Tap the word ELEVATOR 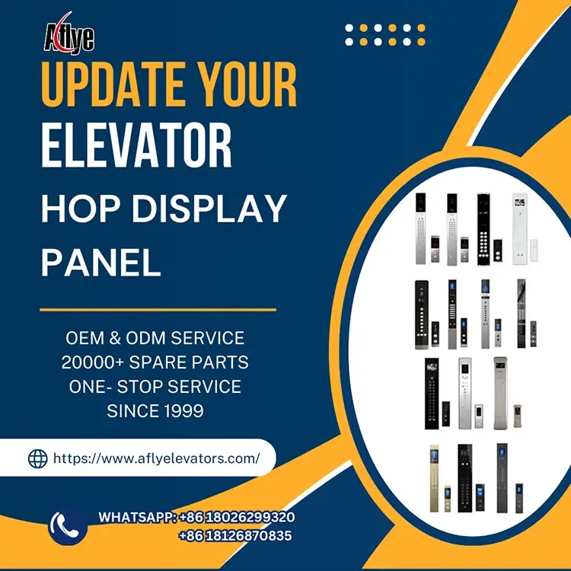136,147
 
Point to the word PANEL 100,263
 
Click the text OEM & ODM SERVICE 155,337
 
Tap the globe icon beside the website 37,458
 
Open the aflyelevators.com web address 156,458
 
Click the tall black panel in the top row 482,229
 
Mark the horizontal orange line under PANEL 158,310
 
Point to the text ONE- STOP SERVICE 155,386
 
